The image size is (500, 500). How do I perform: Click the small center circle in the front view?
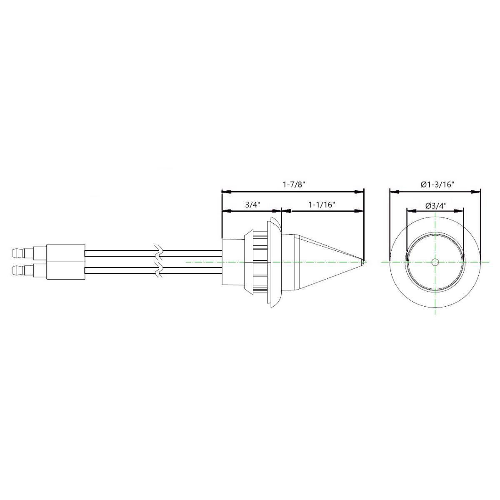435,262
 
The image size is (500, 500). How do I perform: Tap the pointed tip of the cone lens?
363,262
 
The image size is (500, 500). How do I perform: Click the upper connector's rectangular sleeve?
66,252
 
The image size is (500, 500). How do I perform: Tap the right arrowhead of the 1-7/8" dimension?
359,192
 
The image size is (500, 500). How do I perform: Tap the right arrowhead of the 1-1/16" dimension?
359,211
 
